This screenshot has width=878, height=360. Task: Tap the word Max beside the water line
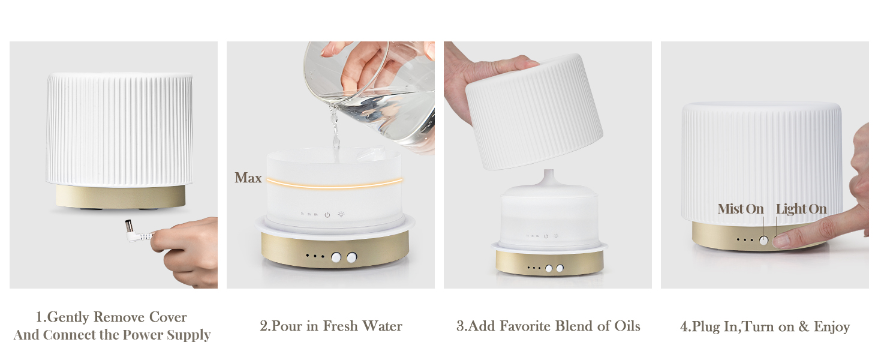coord(248,178)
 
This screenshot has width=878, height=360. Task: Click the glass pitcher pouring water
coord(372,90)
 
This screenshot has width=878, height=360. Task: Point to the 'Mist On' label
coord(741,209)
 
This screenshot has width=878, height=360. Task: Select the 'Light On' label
coord(801,209)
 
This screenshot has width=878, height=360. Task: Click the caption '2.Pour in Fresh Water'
coord(330,326)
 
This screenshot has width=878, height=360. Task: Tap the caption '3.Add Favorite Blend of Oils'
coord(548,326)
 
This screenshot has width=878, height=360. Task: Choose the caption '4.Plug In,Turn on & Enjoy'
coord(765,327)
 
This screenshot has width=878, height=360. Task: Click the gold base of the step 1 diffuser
coord(121,196)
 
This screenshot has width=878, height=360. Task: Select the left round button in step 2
coord(336,257)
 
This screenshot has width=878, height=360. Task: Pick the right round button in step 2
coord(351,257)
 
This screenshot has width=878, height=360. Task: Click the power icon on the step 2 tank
coord(327,215)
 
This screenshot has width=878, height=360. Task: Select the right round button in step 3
coord(560,268)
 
